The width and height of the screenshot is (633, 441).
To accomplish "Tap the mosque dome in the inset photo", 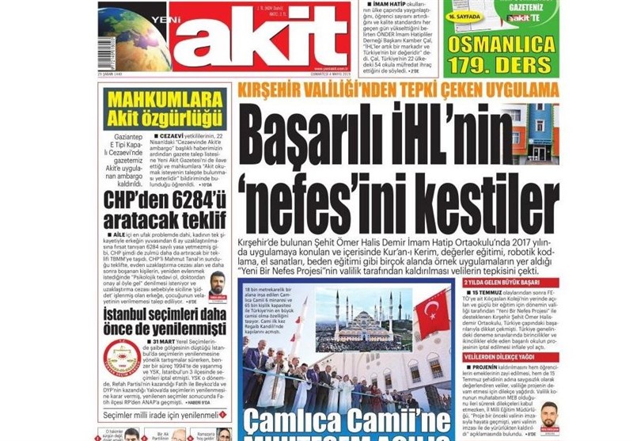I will click(x=366, y=314).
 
